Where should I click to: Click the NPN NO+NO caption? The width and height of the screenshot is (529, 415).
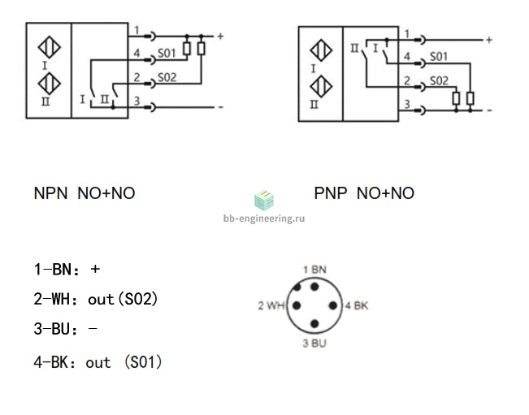[x=85, y=193]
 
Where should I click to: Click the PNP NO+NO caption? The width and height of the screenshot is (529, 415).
[x=364, y=193]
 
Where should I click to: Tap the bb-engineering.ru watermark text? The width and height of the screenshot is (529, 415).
[x=264, y=218]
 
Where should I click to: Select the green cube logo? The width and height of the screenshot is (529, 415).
[x=264, y=200]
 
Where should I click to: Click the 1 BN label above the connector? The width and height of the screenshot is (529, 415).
[x=314, y=270]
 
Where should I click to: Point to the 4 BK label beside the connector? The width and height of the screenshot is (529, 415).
[x=357, y=306]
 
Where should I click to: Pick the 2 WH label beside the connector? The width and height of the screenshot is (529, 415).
[x=271, y=306]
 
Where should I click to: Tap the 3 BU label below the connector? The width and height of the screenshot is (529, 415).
[x=314, y=344]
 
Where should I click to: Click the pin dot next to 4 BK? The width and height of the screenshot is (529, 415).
[x=332, y=306]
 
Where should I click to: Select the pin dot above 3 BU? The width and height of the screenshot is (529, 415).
[x=314, y=324]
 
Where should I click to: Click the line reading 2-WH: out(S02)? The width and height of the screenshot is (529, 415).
[x=96, y=299]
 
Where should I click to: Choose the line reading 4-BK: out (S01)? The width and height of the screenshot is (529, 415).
[x=98, y=362]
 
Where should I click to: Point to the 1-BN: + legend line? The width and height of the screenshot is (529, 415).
[x=67, y=270]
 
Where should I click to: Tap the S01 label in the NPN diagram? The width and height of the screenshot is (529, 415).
[x=167, y=54]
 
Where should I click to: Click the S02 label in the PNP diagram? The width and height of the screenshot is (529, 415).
[x=439, y=81]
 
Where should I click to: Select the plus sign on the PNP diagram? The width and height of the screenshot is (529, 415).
[x=489, y=40]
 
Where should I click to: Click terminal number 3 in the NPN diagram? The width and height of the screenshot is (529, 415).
[x=137, y=101]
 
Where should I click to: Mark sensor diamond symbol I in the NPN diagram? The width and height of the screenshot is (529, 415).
[x=50, y=47]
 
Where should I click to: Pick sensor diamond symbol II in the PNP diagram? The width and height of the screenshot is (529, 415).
[x=321, y=87]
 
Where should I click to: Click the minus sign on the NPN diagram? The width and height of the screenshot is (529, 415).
[x=221, y=107]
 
